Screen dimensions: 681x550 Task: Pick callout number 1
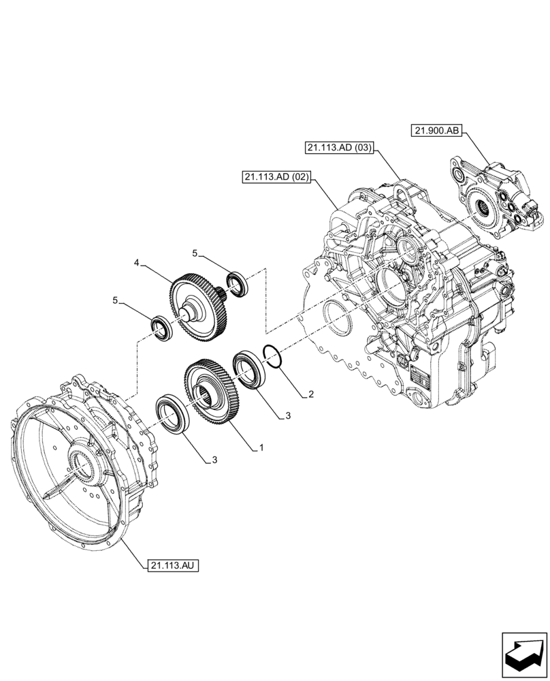[x=259, y=448]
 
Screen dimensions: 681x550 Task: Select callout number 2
[x=310, y=394]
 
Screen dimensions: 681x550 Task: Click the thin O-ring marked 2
[x=271, y=357]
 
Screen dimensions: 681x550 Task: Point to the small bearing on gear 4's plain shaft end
[x=163, y=326]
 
